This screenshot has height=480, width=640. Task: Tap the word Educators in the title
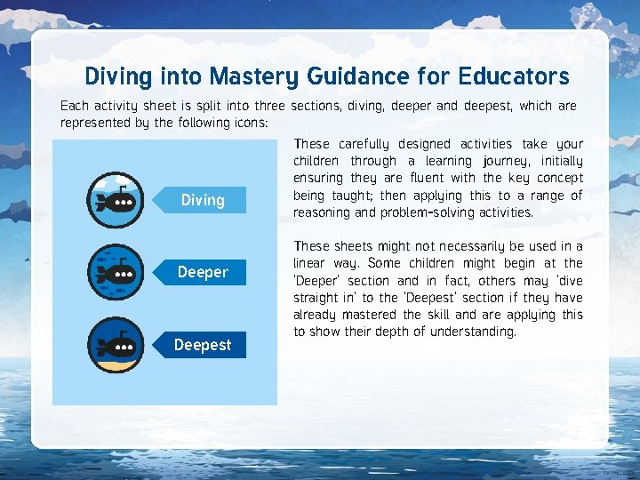coord(514,76)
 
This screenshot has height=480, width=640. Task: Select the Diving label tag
coord(203,200)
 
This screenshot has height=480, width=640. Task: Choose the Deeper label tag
coord(203,272)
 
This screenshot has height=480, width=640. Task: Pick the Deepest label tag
coord(203,345)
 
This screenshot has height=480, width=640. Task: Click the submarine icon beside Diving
coord(115,199)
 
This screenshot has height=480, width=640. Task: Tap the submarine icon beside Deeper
coord(115,271)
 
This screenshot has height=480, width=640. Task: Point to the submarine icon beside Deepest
coord(115,343)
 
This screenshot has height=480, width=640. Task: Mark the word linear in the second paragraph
coord(311,263)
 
